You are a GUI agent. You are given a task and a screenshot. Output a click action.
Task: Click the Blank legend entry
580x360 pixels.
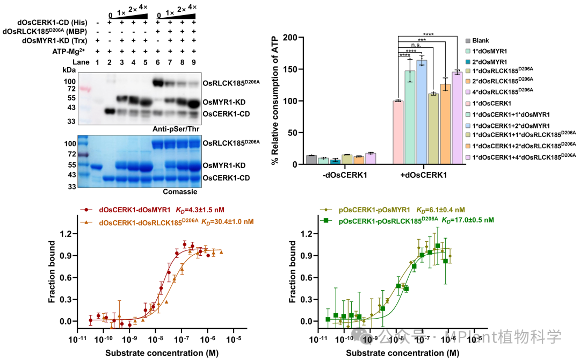(481, 41)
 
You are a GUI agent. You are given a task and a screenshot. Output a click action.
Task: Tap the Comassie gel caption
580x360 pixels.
(179, 191)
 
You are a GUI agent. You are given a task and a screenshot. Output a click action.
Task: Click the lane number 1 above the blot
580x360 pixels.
(97, 62)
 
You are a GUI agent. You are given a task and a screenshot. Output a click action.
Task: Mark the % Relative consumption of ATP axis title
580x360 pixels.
(277, 102)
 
